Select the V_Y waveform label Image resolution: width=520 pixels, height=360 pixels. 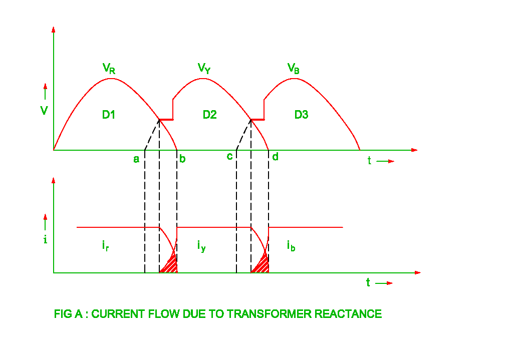click(x=204, y=68)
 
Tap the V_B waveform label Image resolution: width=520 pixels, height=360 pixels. click(x=294, y=69)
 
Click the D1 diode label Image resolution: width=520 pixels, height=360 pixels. click(x=109, y=115)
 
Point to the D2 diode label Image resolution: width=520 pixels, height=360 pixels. click(x=209, y=115)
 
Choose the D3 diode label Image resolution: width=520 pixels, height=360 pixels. click(x=301, y=115)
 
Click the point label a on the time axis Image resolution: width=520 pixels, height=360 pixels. click(x=136, y=159)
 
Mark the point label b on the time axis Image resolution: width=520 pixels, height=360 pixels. click(x=182, y=159)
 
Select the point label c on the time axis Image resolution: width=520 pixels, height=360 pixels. click(x=229, y=157)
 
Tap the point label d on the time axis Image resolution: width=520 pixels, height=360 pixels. click(x=275, y=157)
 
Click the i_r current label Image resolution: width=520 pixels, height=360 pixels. click(x=105, y=245)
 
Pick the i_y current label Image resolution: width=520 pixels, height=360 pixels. click(x=201, y=245)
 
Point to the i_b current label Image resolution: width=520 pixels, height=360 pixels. click(x=291, y=245)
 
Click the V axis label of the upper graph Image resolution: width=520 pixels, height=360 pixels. click(x=45, y=110)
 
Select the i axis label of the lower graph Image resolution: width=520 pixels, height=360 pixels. click(x=45, y=239)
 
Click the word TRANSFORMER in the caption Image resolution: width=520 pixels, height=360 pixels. click(x=270, y=314)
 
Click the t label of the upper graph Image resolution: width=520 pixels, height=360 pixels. click(x=369, y=161)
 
